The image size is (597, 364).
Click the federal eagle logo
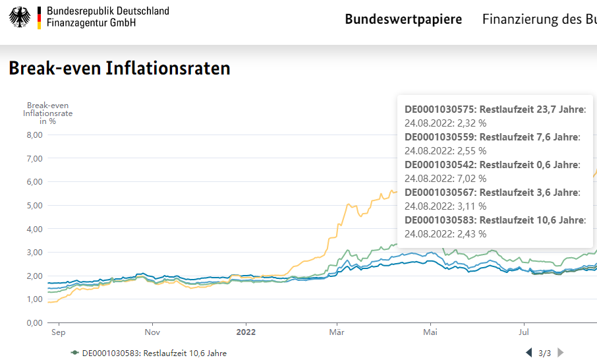tap(20, 17)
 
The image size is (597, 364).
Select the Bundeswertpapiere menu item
tap(403, 19)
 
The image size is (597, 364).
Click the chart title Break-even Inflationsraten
tap(119, 68)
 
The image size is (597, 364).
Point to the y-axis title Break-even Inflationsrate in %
tap(47, 113)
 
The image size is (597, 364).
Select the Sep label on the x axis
tap(58, 332)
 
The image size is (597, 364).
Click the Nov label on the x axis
tap(152, 332)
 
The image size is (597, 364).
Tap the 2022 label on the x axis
tap(246, 332)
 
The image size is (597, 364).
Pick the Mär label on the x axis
tap(337, 332)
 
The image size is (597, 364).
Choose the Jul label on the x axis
tap(525, 332)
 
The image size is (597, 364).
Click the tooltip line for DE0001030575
tap(494, 109)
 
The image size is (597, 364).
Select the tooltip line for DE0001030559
tap(492, 137)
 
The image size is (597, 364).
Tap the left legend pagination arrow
tap(528, 353)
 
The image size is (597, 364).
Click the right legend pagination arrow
tap(561, 353)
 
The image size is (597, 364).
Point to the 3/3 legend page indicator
tap(545, 353)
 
